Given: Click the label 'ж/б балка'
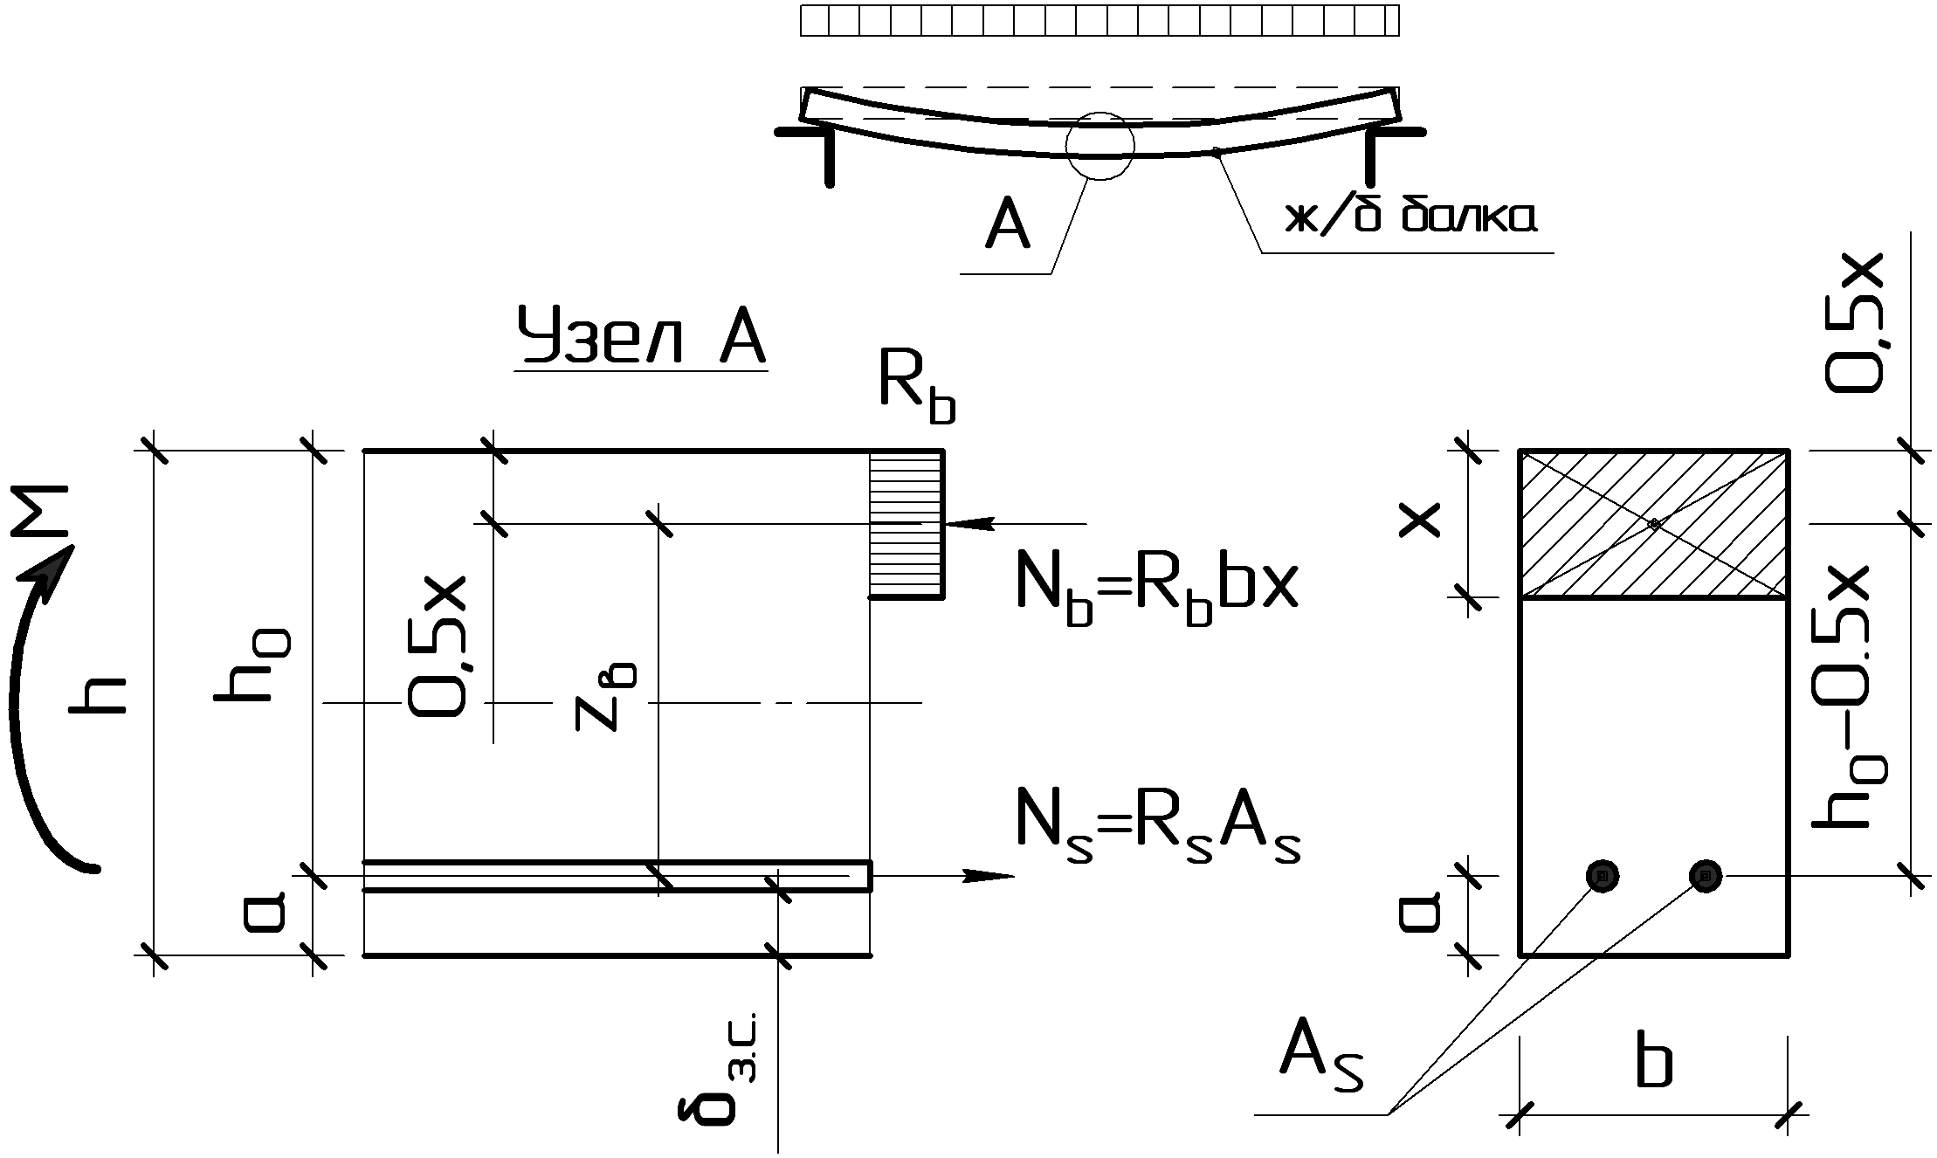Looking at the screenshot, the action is [x=1410, y=217].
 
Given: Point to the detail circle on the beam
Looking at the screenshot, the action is [x=1099, y=146].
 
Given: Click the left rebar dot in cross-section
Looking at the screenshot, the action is [x=1602, y=875].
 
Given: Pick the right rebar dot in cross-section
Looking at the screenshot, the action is [x=1706, y=875].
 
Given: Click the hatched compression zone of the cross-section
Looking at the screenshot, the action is [x=1654, y=524].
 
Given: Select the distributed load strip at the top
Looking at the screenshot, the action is [x=1099, y=21].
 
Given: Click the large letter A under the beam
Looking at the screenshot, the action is [x=1007, y=229].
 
